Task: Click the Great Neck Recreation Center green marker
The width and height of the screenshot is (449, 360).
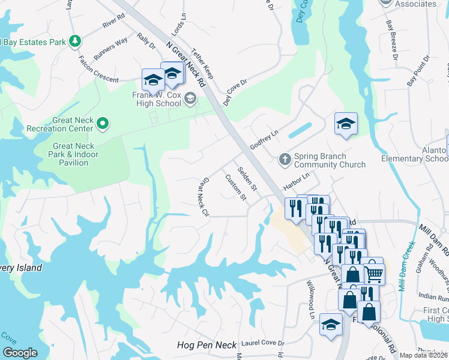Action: (103, 124)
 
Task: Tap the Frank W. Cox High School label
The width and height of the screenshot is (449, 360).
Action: (156, 98)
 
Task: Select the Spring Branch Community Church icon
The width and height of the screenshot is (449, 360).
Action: (285, 159)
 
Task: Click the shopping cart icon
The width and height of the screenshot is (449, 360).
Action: (375, 273)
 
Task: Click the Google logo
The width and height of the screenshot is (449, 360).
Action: (20, 353)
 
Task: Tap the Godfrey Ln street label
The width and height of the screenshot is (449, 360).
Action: (265, 142)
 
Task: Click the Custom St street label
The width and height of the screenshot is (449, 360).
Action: (235, 187)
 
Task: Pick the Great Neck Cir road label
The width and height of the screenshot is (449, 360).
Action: (203, 197)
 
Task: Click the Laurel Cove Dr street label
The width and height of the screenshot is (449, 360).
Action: (262, 344)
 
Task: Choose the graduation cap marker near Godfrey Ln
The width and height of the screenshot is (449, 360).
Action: (346, 124)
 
